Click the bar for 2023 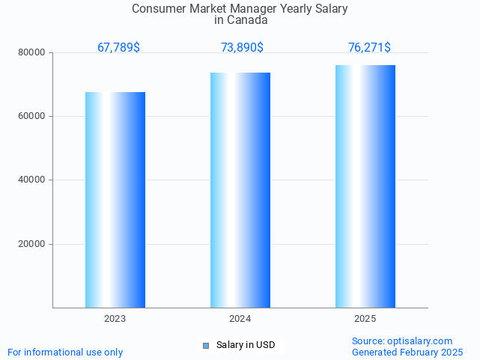coord(115,200)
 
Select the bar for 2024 coord(240,190)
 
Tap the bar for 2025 coord(365,186)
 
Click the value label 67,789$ coord(118,48)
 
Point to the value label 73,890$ coord(242,48)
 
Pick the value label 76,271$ coord(369,48)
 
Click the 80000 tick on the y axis coord(32,53)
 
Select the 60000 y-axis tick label coord(32,117)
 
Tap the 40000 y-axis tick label coord(32,180)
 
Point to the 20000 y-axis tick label coord(32,244)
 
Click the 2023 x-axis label coord(115,319)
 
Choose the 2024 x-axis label coord(240,319)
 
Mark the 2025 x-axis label coord(365,319)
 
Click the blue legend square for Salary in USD coord(206,345)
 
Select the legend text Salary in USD coord(246,345)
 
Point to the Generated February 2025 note coord(407,352)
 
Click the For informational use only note coord(65,352)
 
